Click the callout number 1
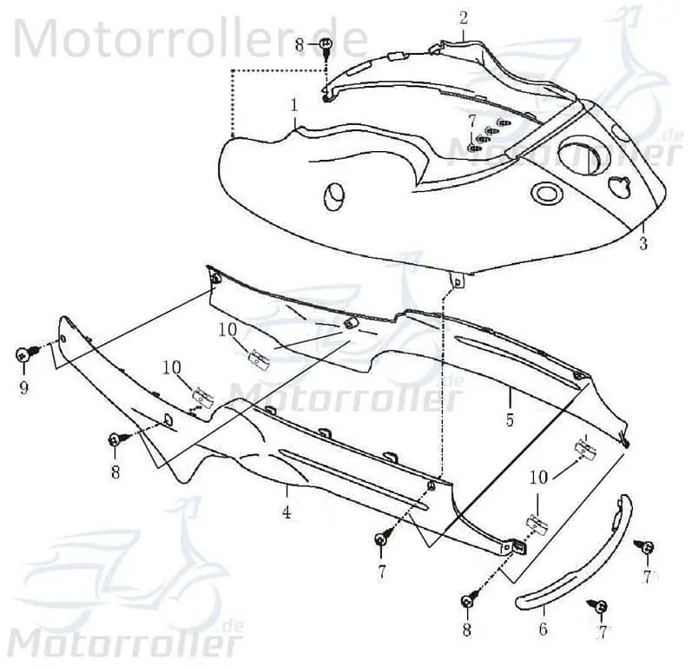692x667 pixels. [x=294, y=105]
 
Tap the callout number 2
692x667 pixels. [x=463, y=18]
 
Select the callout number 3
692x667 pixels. [x=643, y=243]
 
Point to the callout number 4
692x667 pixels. [x=287, y=513]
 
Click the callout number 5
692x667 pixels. [x=510, y=419]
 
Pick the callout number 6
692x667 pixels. [x=543, y=629]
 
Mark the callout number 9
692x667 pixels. [x=23, y=387]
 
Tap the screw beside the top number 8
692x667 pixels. [x=326, y=46]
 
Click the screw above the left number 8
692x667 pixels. [x=118, y=439]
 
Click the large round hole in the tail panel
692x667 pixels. [x=579, y=156]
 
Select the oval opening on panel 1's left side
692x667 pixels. [x=333, y=195]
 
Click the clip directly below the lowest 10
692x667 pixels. [x=538, y=524]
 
